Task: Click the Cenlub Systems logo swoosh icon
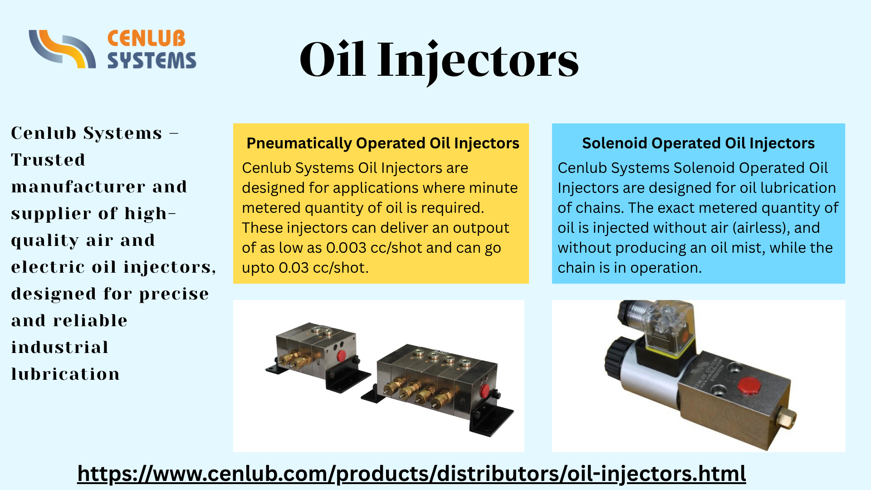pos(62,49)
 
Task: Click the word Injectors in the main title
pos(478,60)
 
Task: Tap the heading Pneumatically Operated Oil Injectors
pos(382,143)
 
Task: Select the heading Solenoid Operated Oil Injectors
pos(698,143)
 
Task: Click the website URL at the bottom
pos(411,474)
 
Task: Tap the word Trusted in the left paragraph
pos(48,160)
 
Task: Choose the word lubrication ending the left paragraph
pos(65,374)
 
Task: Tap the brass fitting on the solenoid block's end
pos(786,418)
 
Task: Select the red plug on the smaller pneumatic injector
pos(342,356)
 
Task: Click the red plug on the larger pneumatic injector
pos(484,390)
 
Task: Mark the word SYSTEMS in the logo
pos(152,61)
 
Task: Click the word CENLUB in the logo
pos(147,39)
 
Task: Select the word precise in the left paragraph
pos(174,294)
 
